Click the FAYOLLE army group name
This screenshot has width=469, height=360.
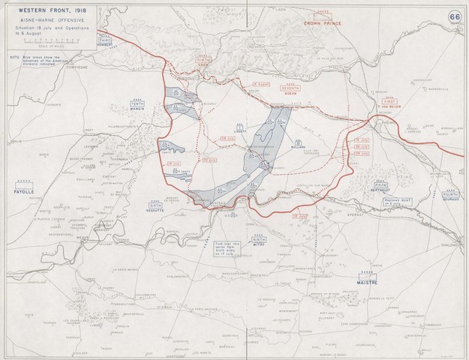pyautogui.click(x=21, y=193)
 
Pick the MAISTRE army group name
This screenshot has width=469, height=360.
pyautogui.click(x=366, y=281)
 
